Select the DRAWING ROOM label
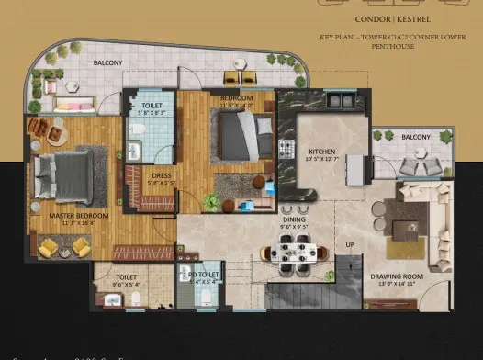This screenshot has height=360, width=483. (396, 276)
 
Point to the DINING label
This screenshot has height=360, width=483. (295, 219)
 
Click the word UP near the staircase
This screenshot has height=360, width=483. (350, 245)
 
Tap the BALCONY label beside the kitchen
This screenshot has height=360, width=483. (416, 138)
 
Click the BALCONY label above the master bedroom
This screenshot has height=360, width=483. (108, 63)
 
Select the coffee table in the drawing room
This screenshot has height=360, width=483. (404, 223)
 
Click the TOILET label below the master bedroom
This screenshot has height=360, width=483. (126, 276)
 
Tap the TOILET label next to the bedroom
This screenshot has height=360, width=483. (152, 107)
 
